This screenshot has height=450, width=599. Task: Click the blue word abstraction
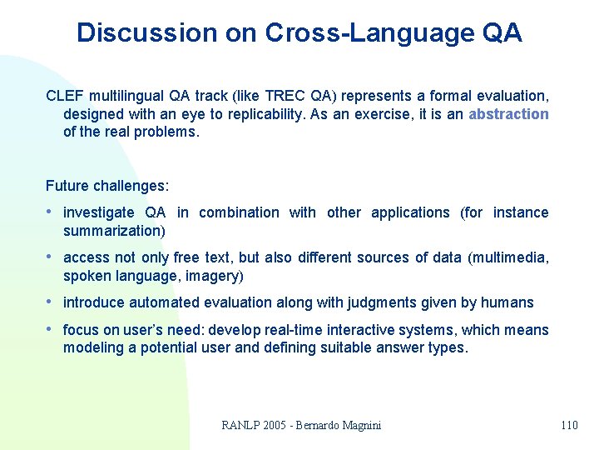pyautogui.click(x=508, y=113)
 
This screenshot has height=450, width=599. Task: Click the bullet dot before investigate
pyautogui.click(x=51, y=212)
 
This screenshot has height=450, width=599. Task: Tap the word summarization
pyautogui.click(x=111, y=231)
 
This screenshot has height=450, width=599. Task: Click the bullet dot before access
pyautogui.click(x=51, y=257)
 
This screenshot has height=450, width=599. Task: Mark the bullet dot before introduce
pyautogui.click(x=51, y=302)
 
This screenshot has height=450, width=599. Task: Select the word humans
pyautogui.click(x=502, y=302)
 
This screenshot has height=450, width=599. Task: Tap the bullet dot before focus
pyautogui.click(x=51, y=330)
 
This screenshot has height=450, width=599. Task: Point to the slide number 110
pyautogui.click(x=569, y=425)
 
